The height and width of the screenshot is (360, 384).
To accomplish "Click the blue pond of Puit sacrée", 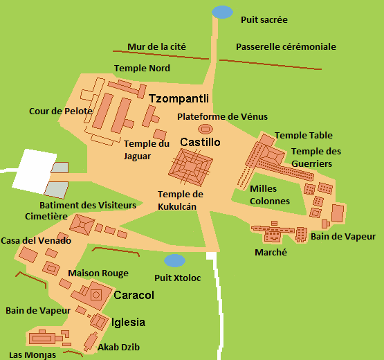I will [x=223, y=12].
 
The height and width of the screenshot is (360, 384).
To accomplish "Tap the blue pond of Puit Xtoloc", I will [x=174, y=260].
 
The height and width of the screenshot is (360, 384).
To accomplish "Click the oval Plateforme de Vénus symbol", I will [x=205, y=129].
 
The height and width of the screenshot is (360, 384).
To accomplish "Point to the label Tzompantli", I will [x=179, y=98].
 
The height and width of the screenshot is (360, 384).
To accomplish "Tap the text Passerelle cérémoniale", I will [x=286, y=47].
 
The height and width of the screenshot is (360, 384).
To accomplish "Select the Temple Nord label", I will [x=142, y=69].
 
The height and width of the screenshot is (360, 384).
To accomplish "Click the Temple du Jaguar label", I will [x=146, y=150].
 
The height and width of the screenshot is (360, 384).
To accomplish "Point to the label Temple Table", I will [x=303, y=136].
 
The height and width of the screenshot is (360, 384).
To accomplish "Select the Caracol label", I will [x=134, y=295].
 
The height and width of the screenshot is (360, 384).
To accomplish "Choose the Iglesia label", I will [x=128, y=322].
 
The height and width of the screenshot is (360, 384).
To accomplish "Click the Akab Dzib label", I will [x=119, y=347].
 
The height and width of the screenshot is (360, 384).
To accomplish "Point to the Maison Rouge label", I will [x=98, y=273].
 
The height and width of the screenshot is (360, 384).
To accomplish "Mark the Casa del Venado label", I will [x=35, y=240].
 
